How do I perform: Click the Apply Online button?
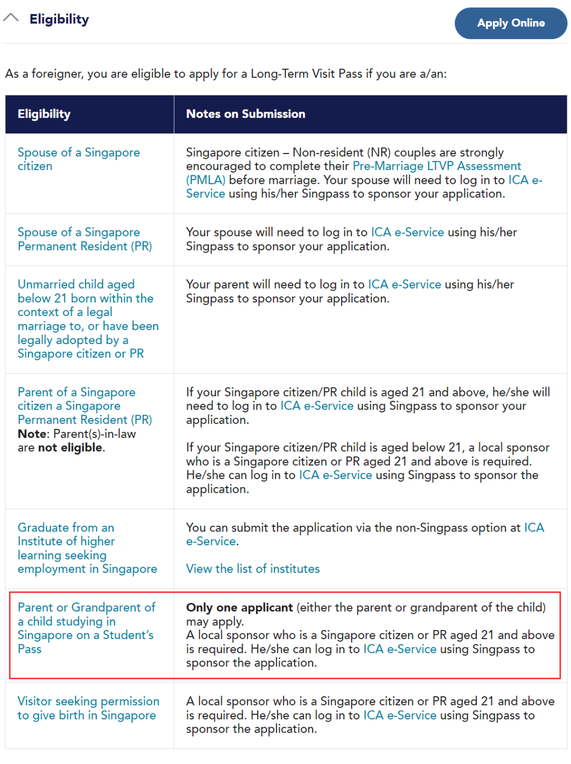[x=511, y=23]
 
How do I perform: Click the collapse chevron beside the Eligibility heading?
[x=11, y=18]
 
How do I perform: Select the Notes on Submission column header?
[x=245, y=114]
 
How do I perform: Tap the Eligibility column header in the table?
[x=44, y=114]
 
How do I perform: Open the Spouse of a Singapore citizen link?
[x=78, y=159]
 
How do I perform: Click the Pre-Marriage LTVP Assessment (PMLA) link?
[x=436, y=166]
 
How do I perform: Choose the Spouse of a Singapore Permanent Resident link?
[x=85, y=239]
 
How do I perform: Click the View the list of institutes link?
[x=253, y=569]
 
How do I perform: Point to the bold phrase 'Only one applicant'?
[x=239, y=607]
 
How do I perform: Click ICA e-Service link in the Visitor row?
[x=400, y=715]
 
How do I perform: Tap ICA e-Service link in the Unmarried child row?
[x=404, y=284]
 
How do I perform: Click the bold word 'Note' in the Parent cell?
[x=32, y=434]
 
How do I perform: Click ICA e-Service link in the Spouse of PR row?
[x=407, y=232]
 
